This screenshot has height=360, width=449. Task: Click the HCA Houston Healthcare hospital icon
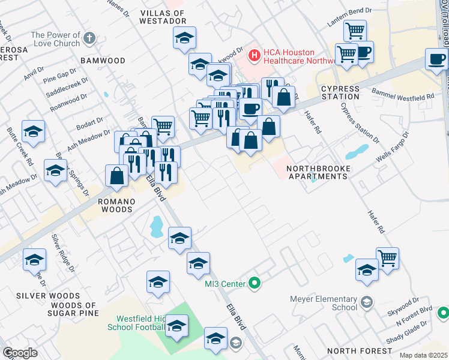tap(255, 56)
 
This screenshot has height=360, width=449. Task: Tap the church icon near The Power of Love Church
tap(89, 39)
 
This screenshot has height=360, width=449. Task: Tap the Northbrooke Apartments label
tap(318, 172)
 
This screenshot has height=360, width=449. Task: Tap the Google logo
tap(19, 353)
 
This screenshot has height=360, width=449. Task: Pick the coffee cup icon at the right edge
tap(436, 59)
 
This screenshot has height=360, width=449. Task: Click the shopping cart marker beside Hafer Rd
tap(388, 259)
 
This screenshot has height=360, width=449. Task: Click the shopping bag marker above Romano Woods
tap(116, 176)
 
